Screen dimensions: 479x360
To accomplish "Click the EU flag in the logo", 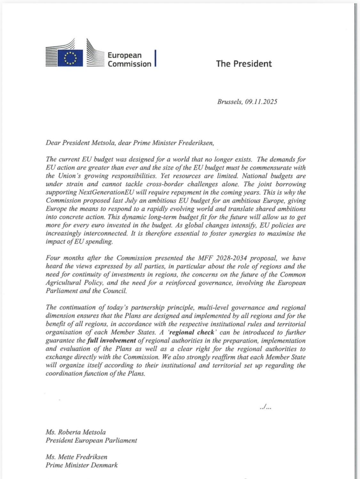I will pos(70,58).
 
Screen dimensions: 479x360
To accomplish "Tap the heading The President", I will pos(244,63).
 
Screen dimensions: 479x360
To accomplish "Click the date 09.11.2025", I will pos(261,102).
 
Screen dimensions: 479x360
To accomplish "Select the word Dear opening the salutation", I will pos(53,143).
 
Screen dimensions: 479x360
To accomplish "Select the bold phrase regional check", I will pos(191,332).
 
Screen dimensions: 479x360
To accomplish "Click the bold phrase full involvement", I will pos(112,340).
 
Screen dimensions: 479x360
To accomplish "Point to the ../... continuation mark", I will pos(266,408).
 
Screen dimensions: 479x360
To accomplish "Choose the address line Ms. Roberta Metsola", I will pos(76,432).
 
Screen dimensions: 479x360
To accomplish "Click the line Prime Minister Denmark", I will pos(82,465).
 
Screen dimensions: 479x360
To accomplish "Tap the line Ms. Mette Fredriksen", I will pos(76,457).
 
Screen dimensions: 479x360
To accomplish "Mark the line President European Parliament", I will pos(91,440).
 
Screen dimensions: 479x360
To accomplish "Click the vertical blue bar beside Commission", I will pos(155,58).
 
